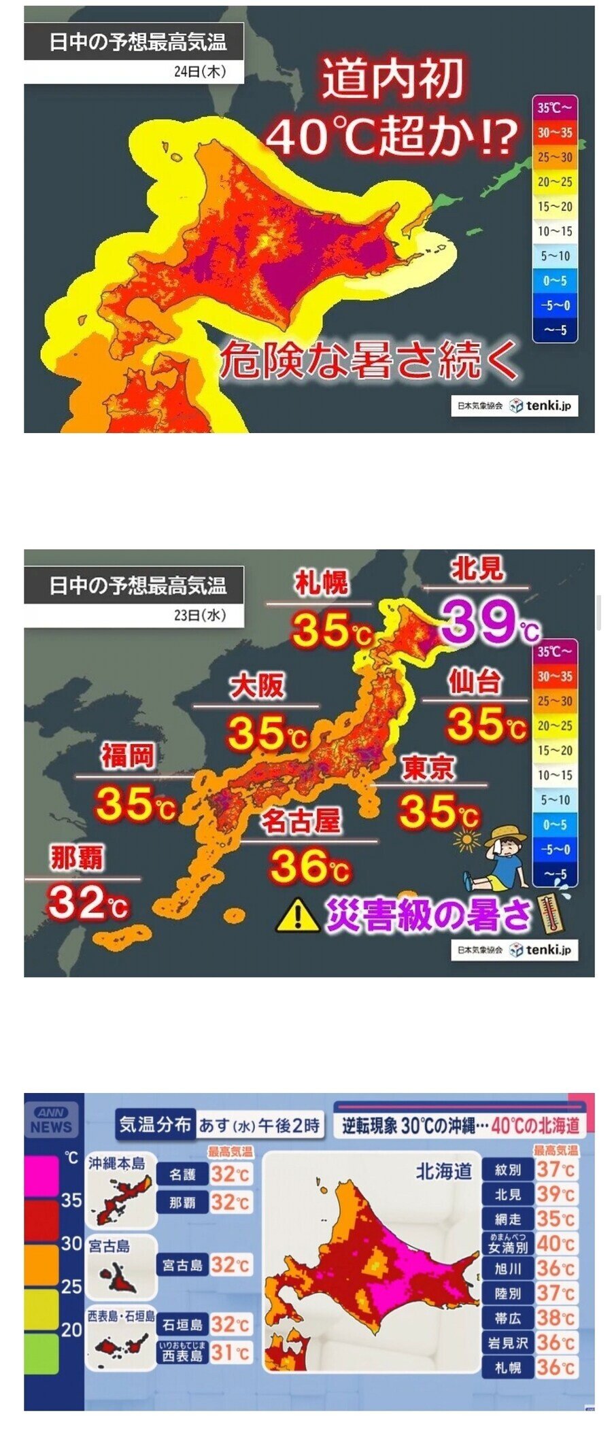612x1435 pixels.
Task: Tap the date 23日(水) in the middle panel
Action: click(x=199, y=615)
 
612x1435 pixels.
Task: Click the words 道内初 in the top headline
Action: click(x=392, y=80)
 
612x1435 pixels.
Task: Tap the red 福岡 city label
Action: click(x=127, y=755)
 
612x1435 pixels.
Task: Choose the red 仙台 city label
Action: click(x=475, y=681)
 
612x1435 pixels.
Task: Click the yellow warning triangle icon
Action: click(x=297, y=915)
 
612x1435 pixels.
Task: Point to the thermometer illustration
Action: click(x=554, y=915)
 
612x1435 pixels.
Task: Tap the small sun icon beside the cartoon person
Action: click(x=466, y=840)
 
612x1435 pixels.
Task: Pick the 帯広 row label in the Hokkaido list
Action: click(x=508, y=1318)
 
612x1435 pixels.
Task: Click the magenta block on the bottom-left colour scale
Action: click(x=41, y=1177)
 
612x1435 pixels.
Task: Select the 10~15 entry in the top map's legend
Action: click(x=555, y=232)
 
